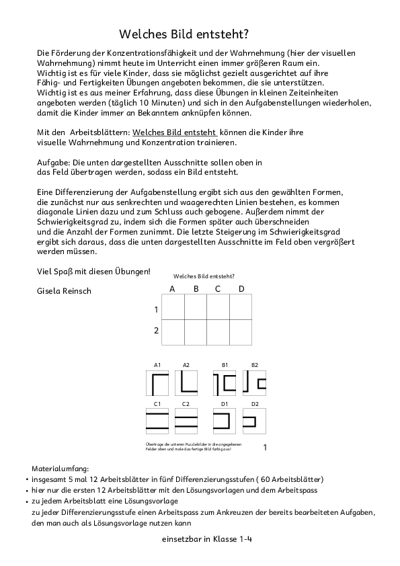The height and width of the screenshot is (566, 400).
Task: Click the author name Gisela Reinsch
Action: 65,291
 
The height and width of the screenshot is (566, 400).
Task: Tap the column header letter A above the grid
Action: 172,289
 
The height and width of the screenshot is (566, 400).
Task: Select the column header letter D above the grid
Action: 241,289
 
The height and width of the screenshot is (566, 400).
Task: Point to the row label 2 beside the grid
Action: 156,331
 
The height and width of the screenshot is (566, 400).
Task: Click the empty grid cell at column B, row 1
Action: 196,307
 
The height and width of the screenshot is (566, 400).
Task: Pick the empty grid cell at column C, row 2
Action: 218,331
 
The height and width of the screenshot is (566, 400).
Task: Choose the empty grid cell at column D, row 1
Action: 241,307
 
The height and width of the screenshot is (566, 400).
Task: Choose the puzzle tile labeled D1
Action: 227,421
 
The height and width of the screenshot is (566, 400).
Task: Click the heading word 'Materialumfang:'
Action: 60,467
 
